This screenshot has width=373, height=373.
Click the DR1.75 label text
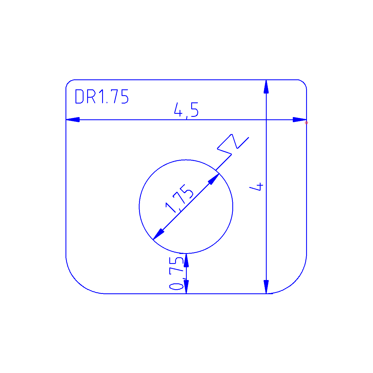102,97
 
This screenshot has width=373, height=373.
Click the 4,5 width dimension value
186,110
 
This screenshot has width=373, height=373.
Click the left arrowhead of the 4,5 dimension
73,120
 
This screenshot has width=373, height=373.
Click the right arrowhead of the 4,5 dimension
300,120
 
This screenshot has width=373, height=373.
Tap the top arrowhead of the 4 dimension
266,87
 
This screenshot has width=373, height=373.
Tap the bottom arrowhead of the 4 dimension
266,287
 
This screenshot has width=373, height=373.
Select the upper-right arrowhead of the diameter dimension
214,179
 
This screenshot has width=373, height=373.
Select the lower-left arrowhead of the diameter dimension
158,234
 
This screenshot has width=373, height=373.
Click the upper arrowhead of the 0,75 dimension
186,260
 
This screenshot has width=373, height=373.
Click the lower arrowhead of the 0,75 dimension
186,286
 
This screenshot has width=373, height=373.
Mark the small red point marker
306,123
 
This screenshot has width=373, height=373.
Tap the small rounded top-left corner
68,82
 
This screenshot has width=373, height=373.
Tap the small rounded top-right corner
304,82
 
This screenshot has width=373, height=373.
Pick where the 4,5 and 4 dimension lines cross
266,120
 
